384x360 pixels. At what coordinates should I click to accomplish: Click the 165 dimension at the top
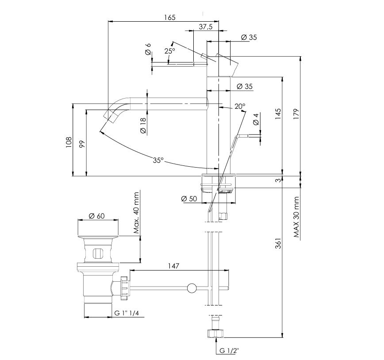coord(169,18)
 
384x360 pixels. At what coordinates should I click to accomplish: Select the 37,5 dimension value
coord(206,27)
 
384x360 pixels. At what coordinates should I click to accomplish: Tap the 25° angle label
coord(170,51)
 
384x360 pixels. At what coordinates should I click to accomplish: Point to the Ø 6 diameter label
coord(148,50)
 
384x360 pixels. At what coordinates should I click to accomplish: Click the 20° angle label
coord(239,106)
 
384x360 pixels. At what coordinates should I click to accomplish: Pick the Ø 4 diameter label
coord(256,119)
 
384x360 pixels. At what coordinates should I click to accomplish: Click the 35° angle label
coord(158,161)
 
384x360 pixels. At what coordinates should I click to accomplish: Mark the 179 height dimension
coord(295,114)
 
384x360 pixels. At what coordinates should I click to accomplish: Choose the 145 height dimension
coord(277,114)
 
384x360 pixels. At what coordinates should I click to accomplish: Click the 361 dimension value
coord(277,244)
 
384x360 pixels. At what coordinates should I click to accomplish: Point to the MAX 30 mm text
coord(296,217)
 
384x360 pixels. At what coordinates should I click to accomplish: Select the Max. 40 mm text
coord(137,213)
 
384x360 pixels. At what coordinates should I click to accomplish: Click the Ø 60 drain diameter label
coord(96,216)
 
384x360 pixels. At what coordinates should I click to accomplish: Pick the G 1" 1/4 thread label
coord(127,313)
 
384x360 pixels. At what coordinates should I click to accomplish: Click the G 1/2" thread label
coord(229,351)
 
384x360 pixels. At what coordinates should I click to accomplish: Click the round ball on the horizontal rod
coord(192,288)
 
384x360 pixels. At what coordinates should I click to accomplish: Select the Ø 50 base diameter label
coord(189,199)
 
